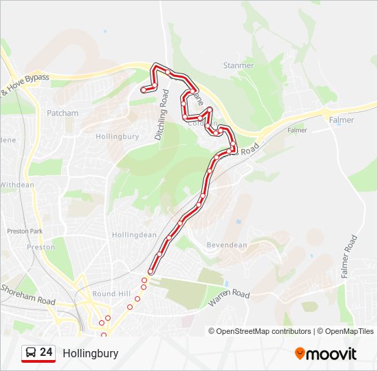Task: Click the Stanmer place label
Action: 238,65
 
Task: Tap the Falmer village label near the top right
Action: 342,120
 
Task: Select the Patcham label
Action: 63,113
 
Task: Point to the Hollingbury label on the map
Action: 117,136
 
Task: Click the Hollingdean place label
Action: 134,234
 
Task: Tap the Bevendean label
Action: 226,245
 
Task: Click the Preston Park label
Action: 25,232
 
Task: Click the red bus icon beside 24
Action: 30,353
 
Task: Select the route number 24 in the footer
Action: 46,352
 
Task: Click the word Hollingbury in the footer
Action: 90,353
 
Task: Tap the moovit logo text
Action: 331,354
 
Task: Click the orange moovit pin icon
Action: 300,354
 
